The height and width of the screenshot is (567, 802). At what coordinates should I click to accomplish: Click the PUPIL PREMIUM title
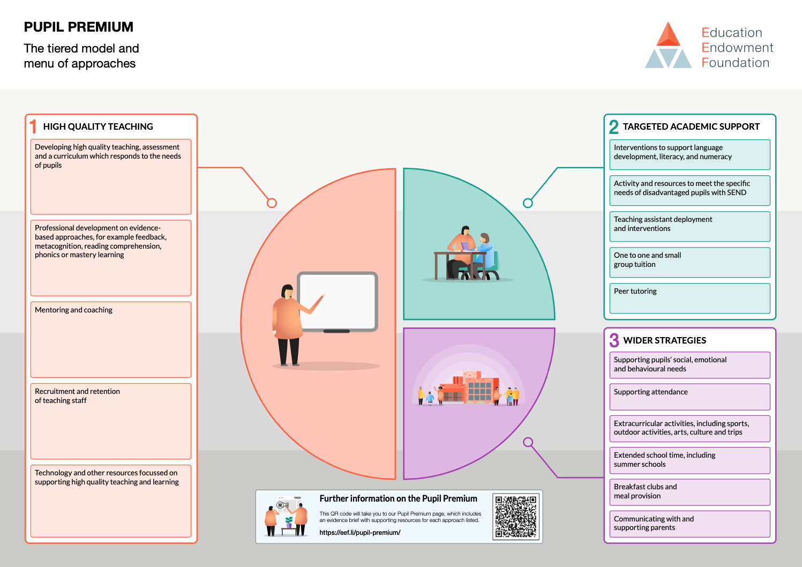[78, 27]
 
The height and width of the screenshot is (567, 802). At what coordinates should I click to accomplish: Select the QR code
[516, 516]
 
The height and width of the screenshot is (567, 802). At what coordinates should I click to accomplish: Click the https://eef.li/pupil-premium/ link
[360, 533]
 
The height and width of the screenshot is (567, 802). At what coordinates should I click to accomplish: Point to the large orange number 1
[33, 126]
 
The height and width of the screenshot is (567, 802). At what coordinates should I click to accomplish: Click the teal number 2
[613, 127]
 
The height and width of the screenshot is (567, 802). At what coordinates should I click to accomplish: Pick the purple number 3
[614, 340]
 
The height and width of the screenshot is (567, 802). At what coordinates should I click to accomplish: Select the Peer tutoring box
[689, 299]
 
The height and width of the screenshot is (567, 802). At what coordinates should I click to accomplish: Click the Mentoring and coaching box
[111, 340]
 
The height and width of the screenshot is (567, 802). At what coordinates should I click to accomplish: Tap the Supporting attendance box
[689, 397]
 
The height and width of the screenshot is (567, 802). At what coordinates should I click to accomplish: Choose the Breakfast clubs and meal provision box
[689, 492]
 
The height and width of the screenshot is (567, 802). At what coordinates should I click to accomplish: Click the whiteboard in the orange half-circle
[338, 302]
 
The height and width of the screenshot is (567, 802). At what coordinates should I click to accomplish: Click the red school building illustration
[469, 388]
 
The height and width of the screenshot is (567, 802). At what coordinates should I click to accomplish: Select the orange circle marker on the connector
[272, 203]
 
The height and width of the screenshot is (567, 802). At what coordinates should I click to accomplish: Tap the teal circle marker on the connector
[528, 203]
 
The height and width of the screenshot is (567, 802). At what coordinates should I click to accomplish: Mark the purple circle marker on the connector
[528, 442]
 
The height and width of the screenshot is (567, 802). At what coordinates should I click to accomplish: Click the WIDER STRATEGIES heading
[664, 340]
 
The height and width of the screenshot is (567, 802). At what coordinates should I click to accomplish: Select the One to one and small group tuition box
[689, 263]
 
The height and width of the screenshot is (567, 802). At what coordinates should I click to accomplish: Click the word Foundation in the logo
[736, 63]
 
